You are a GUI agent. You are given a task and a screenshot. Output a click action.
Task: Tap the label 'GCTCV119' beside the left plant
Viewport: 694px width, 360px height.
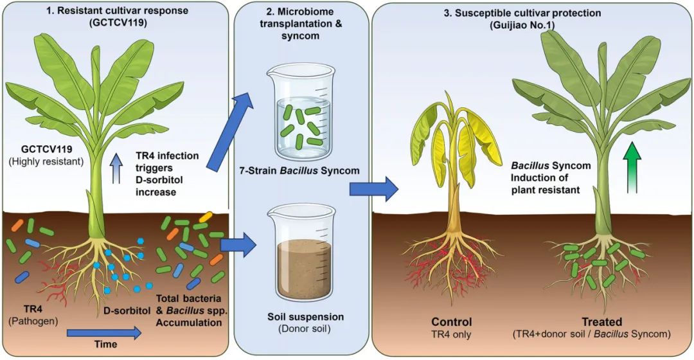pos(46,150)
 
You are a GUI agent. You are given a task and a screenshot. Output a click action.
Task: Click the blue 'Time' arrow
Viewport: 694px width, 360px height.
pos(104,333)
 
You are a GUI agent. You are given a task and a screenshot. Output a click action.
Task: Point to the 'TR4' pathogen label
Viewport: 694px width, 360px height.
pos(33,309)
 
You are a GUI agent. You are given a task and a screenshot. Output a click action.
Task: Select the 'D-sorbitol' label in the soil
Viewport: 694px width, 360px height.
pos(127,311)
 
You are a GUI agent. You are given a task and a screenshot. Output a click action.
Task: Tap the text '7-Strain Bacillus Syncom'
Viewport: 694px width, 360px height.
pos(299,170)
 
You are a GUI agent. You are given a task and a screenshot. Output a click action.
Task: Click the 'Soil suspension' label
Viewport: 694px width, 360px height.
pos(305,317)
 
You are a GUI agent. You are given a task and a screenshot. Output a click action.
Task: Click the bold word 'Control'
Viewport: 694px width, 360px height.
pos(452,322)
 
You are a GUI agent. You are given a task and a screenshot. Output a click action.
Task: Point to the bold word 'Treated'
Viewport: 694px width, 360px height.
pos(602,322)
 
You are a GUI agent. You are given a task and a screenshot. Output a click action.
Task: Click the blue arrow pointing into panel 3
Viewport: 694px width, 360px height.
pos(374,189)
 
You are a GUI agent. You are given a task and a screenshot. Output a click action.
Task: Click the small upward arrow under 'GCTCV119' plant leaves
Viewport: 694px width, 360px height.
pos(116,168)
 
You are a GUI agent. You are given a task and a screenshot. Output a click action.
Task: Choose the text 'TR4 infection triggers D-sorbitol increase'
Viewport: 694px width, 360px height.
pos(167,174)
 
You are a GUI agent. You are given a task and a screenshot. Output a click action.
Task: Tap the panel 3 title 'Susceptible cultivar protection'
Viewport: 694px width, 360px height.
pos(522,14)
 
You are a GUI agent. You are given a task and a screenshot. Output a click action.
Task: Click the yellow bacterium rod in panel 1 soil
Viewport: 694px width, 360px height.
pos(206,217)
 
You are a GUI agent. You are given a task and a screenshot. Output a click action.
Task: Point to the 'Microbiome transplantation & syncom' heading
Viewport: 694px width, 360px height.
pos(301,24)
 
